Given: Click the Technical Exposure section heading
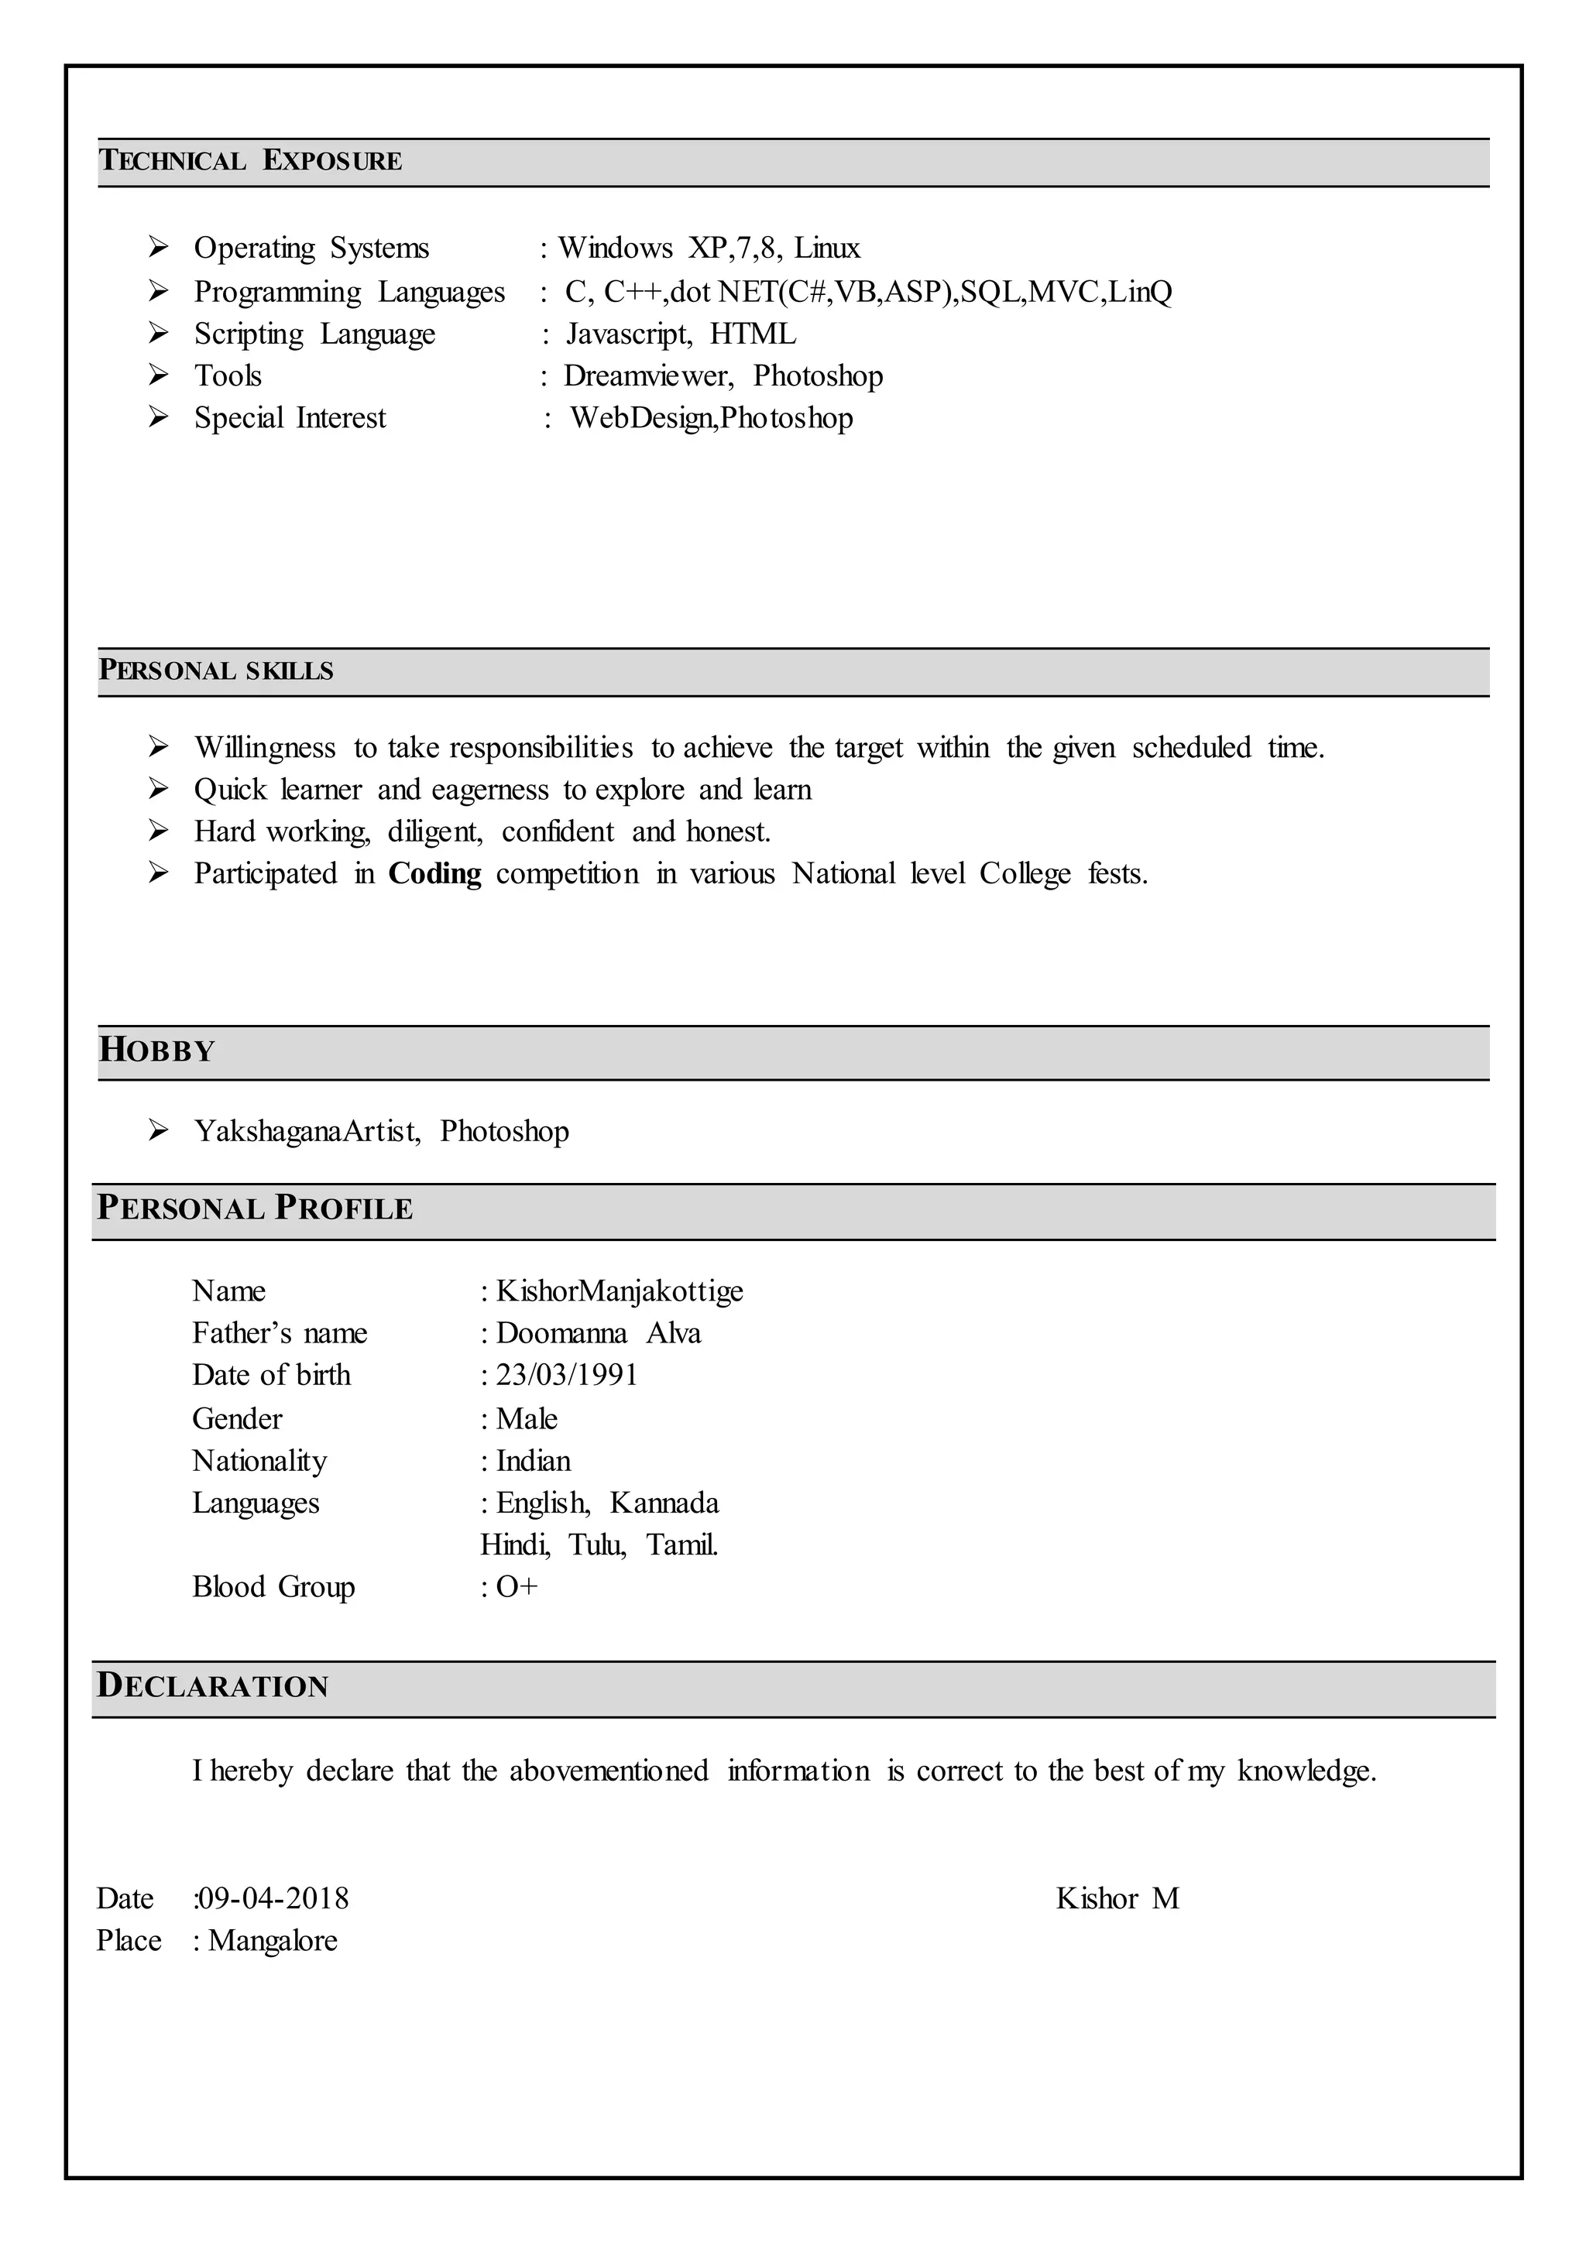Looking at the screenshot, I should click(250, 160).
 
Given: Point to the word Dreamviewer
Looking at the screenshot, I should click(647, 376).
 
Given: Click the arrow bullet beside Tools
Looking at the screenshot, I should click(158, 375).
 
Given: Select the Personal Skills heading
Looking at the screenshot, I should click(216, 671).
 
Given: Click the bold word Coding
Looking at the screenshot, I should click(434, 873).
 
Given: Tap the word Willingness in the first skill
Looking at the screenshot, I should click(265, 748).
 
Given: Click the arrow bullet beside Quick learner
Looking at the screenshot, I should click(158, 789).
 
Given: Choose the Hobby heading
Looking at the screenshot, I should click(156, 1051).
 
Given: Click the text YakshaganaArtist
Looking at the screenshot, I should click(307, 1131).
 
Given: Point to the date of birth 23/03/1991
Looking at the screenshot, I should click(566, 1375).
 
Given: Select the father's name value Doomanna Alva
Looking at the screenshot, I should click(598, 1333).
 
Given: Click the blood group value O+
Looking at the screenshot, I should click(517, 1587).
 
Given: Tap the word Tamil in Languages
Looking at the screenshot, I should click(681, 1544).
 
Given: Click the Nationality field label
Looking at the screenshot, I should click(259, 1461).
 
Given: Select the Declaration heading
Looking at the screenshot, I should click(212, 1686).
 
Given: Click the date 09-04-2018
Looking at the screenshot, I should click(273, 1898).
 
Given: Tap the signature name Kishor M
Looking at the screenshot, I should click(1117, 1898).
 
